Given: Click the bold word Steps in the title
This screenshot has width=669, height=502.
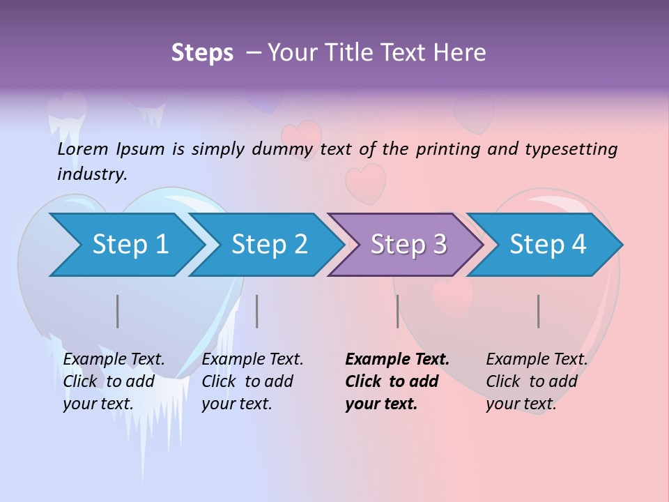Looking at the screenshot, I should [x=202, y=53].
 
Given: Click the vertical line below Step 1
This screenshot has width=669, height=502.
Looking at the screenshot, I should [x=118, y=311].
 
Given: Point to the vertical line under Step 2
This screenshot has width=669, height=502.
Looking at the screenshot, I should [x=257, y=311].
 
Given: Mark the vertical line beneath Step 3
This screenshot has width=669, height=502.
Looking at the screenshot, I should [x=397, y=311].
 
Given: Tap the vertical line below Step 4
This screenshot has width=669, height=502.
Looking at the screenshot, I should [x=538, y=311].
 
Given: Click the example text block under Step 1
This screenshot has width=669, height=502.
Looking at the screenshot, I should [x=114, y=381].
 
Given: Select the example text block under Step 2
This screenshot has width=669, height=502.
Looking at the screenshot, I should [x=252, y=381].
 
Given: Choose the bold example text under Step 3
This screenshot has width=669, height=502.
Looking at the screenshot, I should [x=397, y=381].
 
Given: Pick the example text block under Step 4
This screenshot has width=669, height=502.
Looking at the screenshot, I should [x=537, y=381].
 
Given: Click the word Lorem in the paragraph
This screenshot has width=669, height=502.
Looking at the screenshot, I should [x=83, y=149].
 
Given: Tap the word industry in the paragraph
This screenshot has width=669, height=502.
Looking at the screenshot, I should [x=91, y=174].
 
